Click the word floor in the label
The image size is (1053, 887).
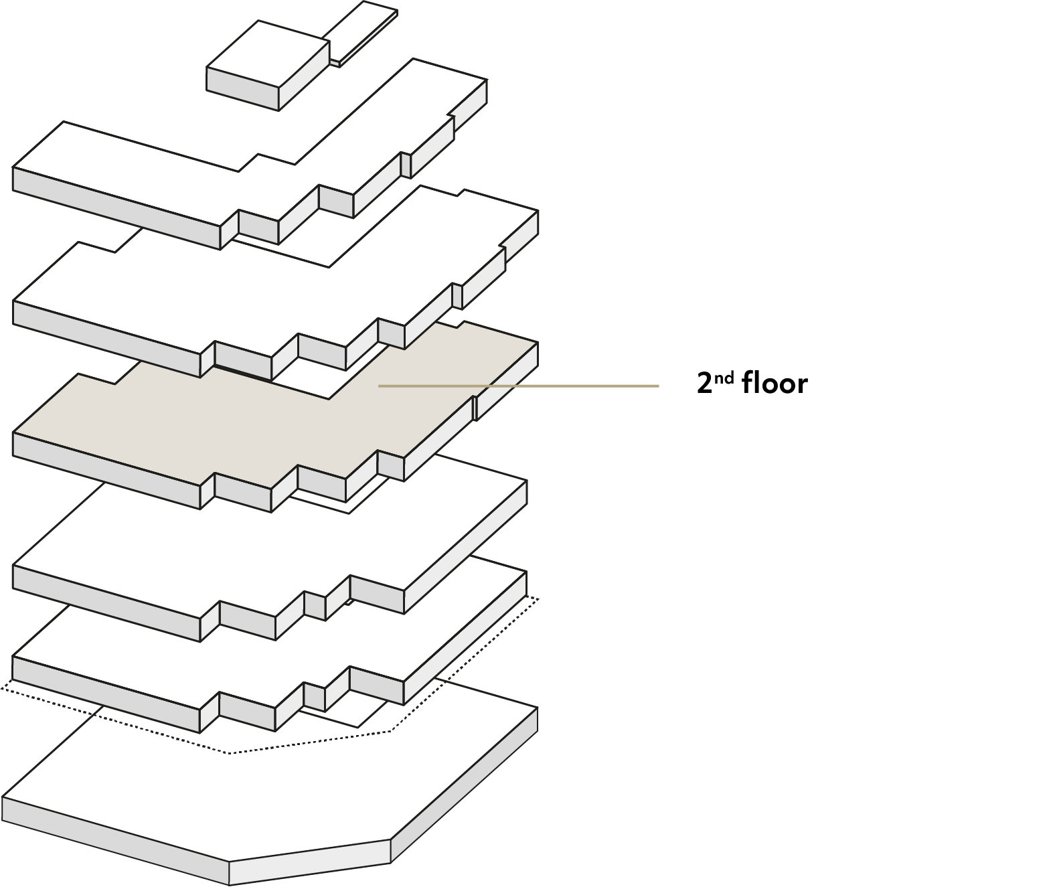(x=775, y=383)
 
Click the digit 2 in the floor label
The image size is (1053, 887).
(x=704, y=384)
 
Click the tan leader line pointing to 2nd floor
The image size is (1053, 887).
(x=518, y=386)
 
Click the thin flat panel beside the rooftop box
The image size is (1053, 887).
(x=361, y=33)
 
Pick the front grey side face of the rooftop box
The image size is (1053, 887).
(x=242, y=89)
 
